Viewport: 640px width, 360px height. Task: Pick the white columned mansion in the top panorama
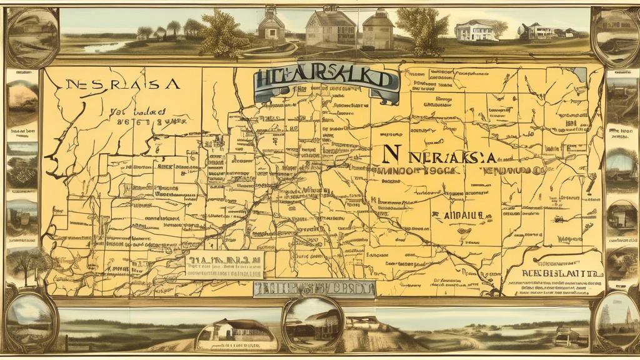pyautogui.click(x=476, y=30)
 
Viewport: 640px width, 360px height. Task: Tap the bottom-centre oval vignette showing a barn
pyautogui.click(x=312, y=324)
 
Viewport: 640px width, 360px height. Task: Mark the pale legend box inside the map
pyautogui.click(x=224, y=266)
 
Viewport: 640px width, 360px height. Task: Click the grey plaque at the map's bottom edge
pyautogui.click(x=314, y=288)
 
